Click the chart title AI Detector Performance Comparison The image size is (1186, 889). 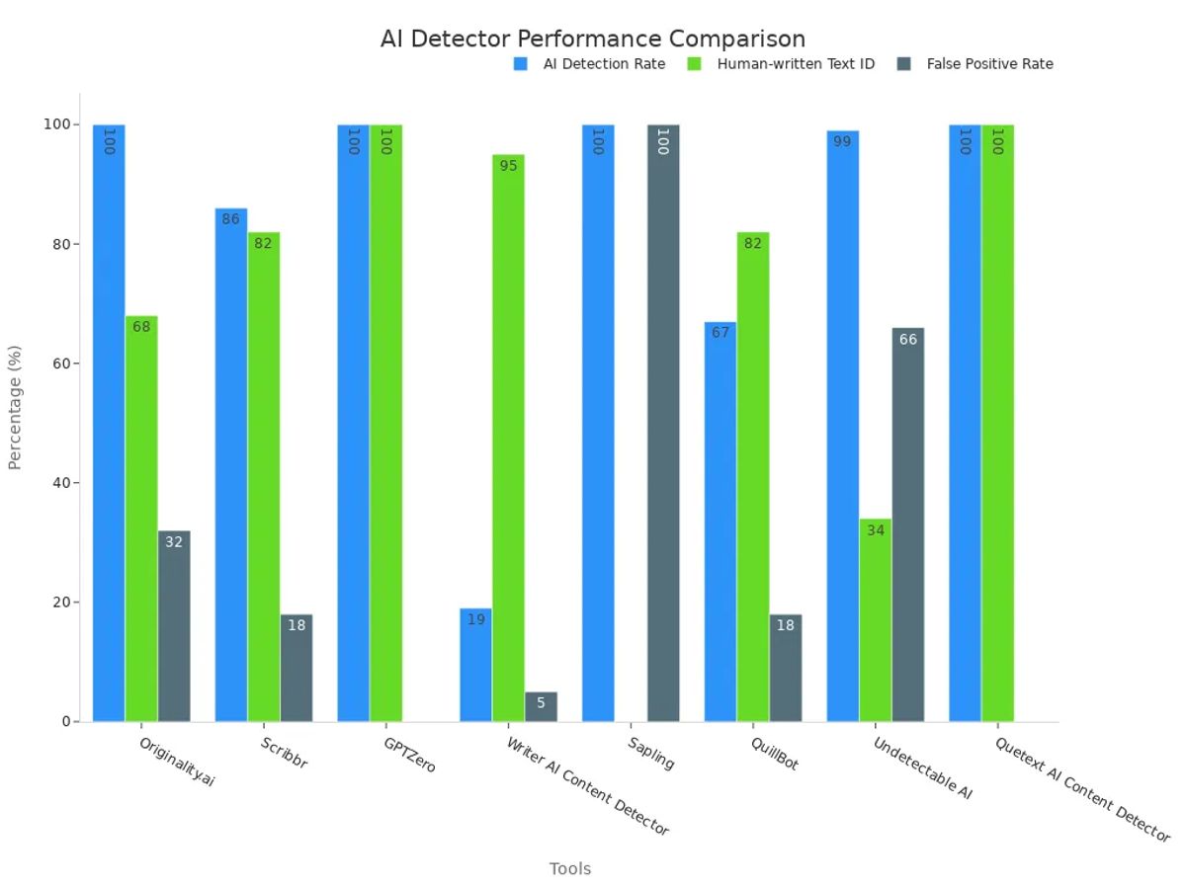(x=592, y=39)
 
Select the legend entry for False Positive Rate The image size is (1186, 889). (x=988, y=64)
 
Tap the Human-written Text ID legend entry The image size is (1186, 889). (x=795, y=64)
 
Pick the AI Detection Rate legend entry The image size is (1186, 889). (x=603, y=64)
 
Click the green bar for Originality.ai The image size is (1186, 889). (x=141, y=519)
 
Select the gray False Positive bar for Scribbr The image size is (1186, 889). (x=296, y=668)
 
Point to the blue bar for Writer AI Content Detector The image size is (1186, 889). (x=475, y=665)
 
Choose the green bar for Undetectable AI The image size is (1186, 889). (x=876, y=620)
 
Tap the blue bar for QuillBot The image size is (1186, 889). (x=720, y=522)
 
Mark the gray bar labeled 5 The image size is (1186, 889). (x=541, y=706)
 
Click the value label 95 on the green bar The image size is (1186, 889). (x=508, y=166)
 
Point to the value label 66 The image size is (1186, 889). (x=908, y=340)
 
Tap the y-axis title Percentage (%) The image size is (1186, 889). (x=15, y=407)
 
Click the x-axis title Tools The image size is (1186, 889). (x=570, y=869)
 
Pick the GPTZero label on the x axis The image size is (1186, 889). (x=409, y=754)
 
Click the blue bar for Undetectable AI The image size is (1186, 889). (x=843, y=426)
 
